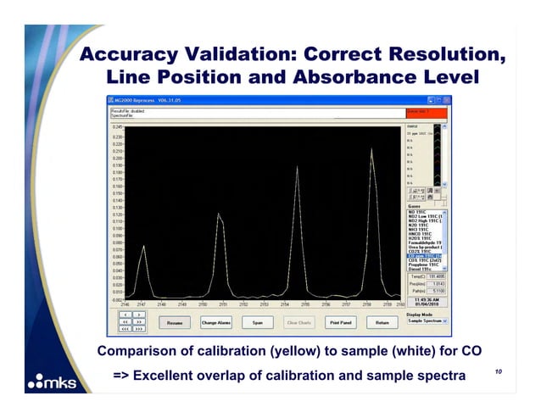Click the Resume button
click(175, 322)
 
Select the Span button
click(257, 322)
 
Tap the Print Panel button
click(340, 322)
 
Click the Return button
click(382, 322)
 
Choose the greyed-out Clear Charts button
click(298, 322)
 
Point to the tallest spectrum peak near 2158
click(371, 149)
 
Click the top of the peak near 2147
click(144, 246)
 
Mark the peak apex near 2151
click(219, 213)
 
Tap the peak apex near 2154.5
click(297, 167)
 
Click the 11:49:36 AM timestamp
click(427, 298)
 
